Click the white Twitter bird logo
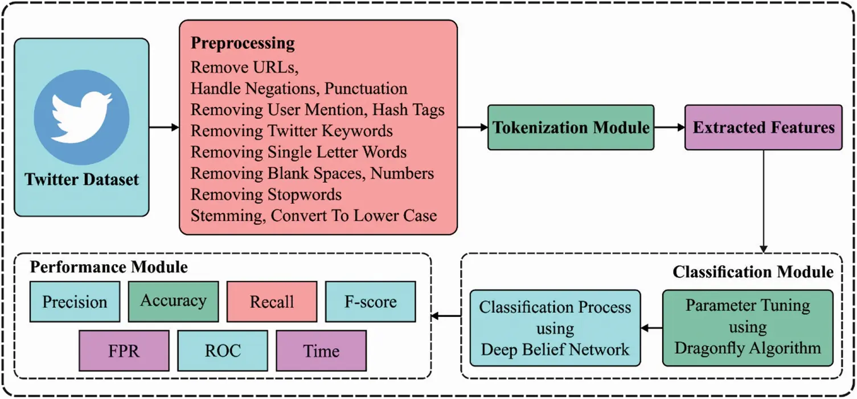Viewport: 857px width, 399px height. coord(81,117)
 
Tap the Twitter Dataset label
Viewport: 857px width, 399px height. coord(81,179)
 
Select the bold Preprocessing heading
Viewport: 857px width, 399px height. coord(243,43)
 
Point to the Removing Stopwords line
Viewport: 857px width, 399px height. coord(266,194)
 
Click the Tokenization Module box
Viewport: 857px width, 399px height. coord(571,127)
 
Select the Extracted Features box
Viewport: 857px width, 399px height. coord(763,127)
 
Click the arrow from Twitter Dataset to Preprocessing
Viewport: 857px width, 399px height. coord(164,127)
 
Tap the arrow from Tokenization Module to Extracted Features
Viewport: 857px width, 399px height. coord(670,127)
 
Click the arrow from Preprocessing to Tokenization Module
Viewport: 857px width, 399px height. coord(473,127)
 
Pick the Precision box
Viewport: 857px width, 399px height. coord(75,302)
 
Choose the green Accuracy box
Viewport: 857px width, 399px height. coord(173,302)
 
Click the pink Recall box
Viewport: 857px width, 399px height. coord(272,302)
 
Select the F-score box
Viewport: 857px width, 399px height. coord(370,302)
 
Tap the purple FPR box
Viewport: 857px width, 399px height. coord(124,351)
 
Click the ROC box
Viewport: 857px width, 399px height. coord(223,351)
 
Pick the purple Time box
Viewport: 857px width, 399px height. coord(321,351)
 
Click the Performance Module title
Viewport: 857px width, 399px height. coord(109,267)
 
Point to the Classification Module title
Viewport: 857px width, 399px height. coord(753,272)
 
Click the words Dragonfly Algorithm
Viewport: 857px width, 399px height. coord(748,348)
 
